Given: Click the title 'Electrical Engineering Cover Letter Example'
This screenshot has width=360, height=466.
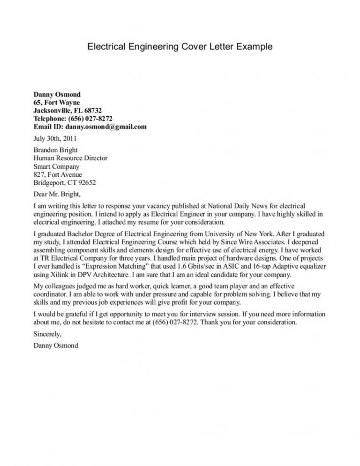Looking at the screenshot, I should [180, 47].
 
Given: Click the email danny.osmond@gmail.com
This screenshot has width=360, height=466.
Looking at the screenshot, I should [106, 127].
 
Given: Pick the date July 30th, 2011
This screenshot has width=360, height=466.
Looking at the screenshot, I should [55, 139].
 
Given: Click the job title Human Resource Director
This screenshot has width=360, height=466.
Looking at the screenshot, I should [70, 158].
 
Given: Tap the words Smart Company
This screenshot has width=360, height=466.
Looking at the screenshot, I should [56, 166].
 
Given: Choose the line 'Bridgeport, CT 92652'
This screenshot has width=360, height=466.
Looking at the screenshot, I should [65, 182].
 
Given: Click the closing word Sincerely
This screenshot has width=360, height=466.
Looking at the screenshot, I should [47, 335].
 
